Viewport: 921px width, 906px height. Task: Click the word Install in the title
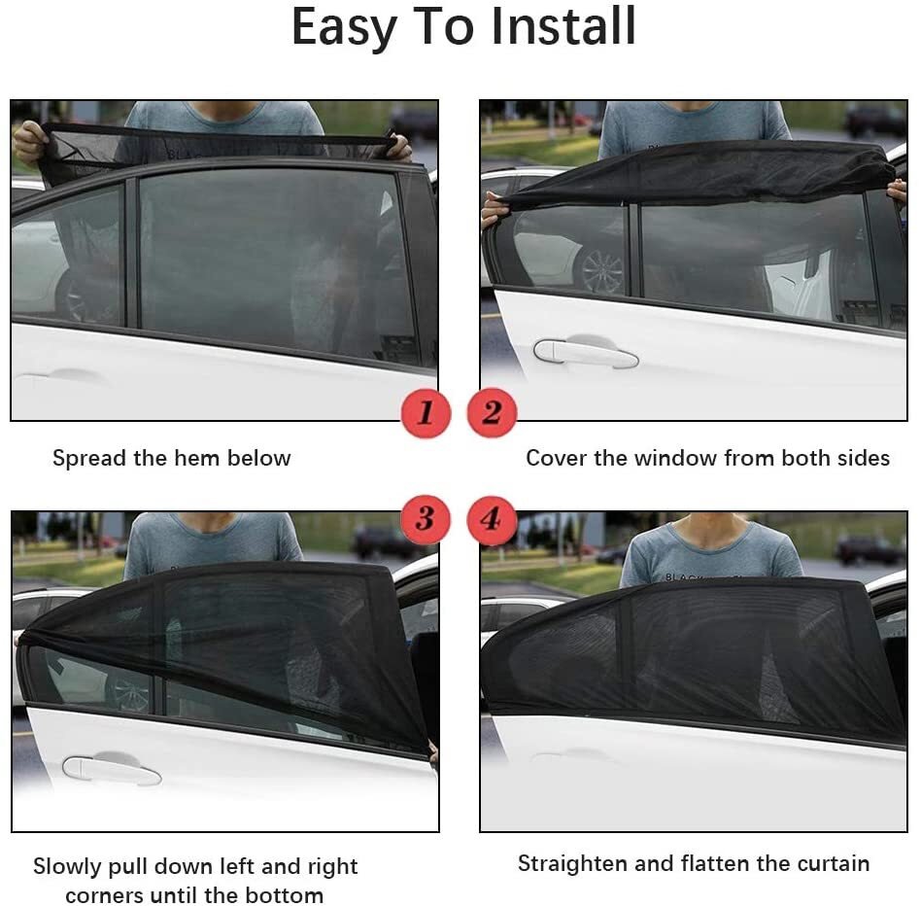click(563, 26)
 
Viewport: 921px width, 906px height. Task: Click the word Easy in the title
click(345, 28)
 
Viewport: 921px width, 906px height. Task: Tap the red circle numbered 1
click(426, 413)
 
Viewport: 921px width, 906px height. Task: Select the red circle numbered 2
click(492, 413)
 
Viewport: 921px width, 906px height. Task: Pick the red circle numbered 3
click(426, 518)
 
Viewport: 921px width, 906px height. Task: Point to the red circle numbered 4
click(492, 519)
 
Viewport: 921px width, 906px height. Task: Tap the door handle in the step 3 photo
click(111, 770)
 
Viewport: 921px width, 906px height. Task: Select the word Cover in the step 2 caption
click(556, 458)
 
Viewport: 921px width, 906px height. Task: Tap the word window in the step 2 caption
click(679, 458)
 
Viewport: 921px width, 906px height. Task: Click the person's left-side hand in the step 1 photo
click(29, 142)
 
